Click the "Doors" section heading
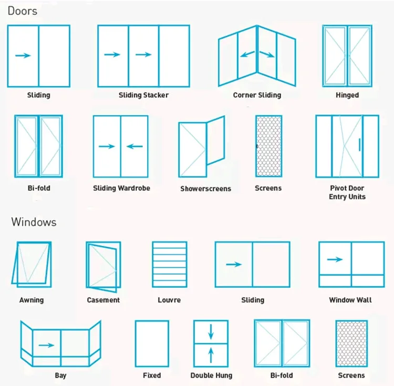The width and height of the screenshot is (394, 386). click(23, 11)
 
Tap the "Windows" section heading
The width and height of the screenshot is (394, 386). click(34, 222)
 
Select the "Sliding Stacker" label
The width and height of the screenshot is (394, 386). click(143, 95)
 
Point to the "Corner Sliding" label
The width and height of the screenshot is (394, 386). click(257, 95)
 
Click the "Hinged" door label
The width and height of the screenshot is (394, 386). click(347, 95)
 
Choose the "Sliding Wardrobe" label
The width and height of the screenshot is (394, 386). click(121, 188)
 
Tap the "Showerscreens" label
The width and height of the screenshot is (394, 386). click(205, 189)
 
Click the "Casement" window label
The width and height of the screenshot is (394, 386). click(103, 300)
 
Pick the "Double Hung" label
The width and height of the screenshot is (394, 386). click(211, 375)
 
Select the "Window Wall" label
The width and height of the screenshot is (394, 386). click(350, 300)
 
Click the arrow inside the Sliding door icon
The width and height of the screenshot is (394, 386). click(23, 55)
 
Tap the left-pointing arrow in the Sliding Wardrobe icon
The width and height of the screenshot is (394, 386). click(135, 147)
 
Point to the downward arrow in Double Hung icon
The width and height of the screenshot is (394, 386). click(211, 331)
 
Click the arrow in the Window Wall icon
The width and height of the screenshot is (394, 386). click(335, 259)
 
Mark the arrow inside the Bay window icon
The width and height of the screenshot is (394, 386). click(47, 345)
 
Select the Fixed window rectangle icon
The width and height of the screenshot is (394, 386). click(152, 343)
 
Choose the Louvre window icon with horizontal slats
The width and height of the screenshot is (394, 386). click(169, 265)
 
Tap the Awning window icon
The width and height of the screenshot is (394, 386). click(32, 264)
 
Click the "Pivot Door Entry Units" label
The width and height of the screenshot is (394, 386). click(347, 192)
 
